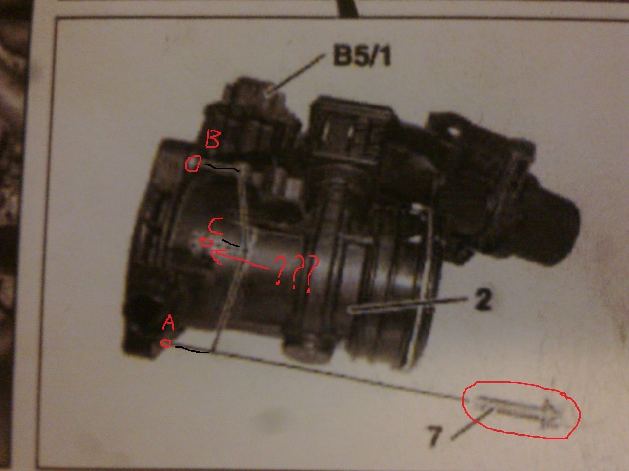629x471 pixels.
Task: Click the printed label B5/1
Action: point(362,55)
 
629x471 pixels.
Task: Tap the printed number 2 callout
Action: point(483,299)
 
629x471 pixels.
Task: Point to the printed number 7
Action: point(435,436)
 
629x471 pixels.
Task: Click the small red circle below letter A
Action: point(165,343)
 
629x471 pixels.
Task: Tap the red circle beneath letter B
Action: point(193,163)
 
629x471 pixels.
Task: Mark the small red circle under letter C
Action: point(206,242)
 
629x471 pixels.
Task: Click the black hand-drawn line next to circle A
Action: point(192,350)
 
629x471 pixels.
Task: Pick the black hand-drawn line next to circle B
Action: point(223,168)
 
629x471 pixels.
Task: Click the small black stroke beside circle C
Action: point(230,243)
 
